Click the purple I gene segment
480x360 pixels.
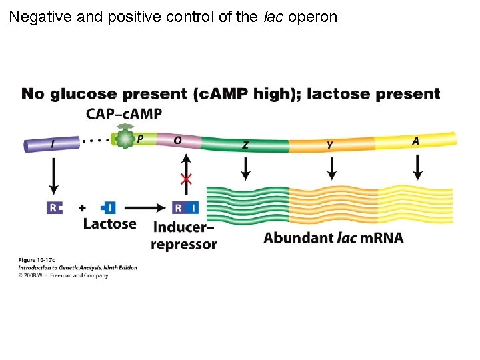tap(51, 144)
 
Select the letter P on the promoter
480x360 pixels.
tap(139, 139)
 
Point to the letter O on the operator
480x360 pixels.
tap(177, 140)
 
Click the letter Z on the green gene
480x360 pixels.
tap(245, 144)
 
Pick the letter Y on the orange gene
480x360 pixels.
tap(330, 144)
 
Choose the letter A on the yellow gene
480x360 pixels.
tap(415, 141)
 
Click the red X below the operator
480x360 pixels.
tap(187, 179)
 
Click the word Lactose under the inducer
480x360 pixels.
tap(109, 224)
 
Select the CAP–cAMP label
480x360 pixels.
tap(123, 114)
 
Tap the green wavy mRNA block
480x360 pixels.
tap(247, 204)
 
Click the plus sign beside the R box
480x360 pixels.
tap(82, 208)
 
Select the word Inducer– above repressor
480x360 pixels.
tap(183, 227)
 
